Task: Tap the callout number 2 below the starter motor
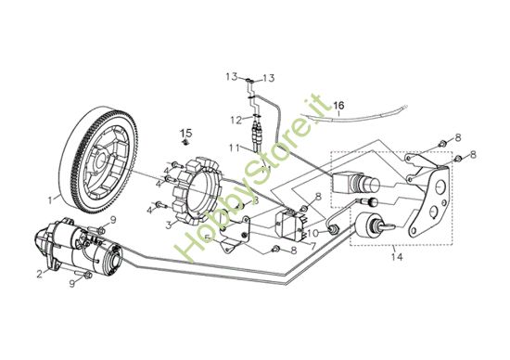point(40,273)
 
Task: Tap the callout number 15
point(185,132)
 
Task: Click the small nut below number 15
point(185,144)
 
